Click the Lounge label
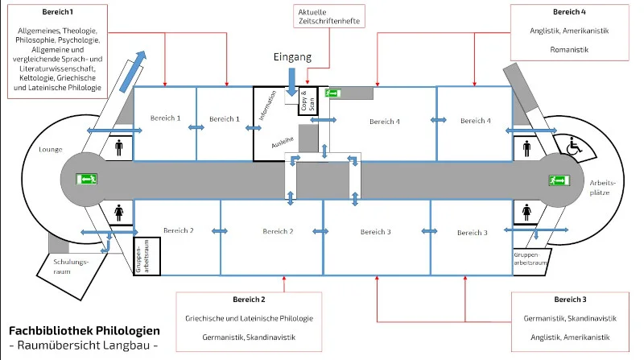(50, 149)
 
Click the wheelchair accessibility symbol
(574, 147)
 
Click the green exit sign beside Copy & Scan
(332, 93)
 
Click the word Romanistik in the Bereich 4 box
(569, 50)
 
